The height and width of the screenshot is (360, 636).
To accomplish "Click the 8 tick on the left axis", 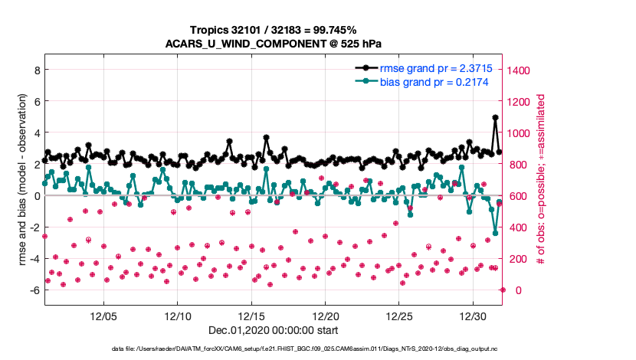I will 35,70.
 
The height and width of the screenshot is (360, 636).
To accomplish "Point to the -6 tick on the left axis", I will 33,290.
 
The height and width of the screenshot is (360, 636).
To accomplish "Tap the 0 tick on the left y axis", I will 35,195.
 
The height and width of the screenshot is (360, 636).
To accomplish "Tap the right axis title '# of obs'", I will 541,179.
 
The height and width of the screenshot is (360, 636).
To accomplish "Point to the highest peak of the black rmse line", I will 496,118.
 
